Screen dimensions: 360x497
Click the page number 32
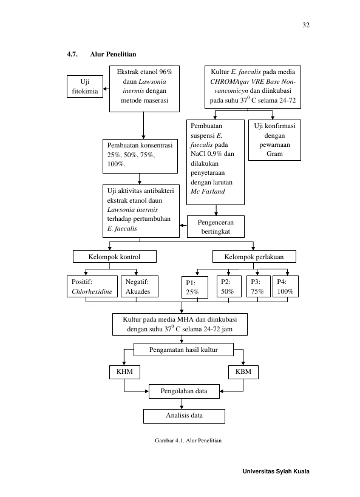tap(306, 25)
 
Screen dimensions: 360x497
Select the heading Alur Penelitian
tap(113, 54)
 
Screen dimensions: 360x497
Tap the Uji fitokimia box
tap(85, 87)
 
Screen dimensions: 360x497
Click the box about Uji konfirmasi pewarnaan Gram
tap(274, 140)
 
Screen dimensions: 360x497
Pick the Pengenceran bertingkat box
tap(216, 226)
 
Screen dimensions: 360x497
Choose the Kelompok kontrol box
tap(115, 257)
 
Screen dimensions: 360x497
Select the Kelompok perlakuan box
tap(254, 257)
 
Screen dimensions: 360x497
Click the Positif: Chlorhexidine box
tap(92, 286)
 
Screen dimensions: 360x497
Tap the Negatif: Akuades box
tap(140, 286)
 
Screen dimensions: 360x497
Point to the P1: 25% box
tap(195, 288)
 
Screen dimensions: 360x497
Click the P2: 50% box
tap(229, 286)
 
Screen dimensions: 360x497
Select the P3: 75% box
tap(259, 286)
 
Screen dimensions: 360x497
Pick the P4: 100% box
tap(285, 286)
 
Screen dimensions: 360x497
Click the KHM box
tap(124, 372)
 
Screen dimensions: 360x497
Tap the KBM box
tap(243, 372)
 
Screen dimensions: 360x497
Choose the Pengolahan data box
tap(184, 391)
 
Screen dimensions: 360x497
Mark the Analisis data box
tap(185, 416)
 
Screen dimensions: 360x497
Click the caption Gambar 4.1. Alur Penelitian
tap(188, 441)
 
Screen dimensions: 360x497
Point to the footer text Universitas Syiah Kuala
tap(276, 472)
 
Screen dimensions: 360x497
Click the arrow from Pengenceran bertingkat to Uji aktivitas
tap(183, 225)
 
